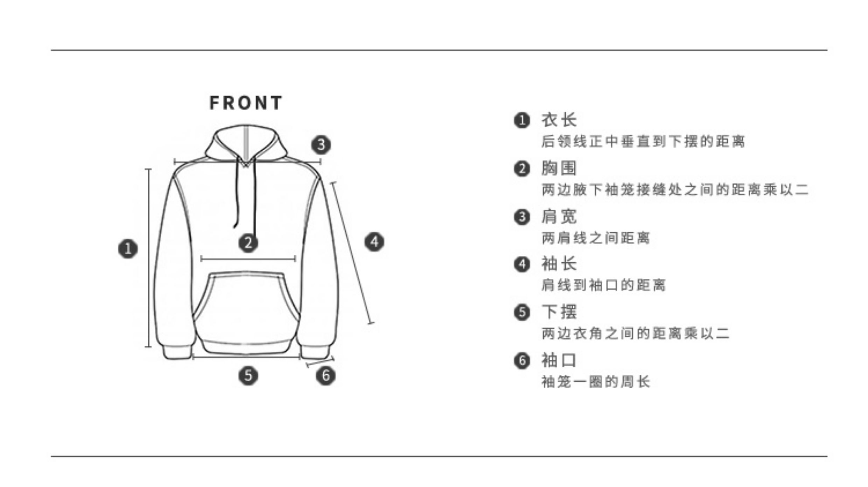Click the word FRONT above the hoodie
click(x=246, y=103)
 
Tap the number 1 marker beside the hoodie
click(x=128, y=249)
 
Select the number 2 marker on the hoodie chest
click(x=248, y=243)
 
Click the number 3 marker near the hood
click(x=321, y=144)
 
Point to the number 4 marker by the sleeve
click(x=374, y=242)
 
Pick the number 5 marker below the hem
click(x=248, y=376)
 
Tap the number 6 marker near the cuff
click(x=325, y=376)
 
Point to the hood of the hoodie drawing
click(x=246, y=142)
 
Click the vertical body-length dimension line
click(x=148, y=259)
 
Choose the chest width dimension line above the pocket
click(x=248, y=259)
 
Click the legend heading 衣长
click(x=559, y=120)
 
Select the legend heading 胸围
click(x=559, y=168)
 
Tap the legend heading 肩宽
click(x=559, y=217)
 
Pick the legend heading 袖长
click(x=559, y=264)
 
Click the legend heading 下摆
click(x=559, y=312)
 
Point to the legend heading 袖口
click(x=559, y=360)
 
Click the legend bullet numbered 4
click(x=522, y=264)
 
